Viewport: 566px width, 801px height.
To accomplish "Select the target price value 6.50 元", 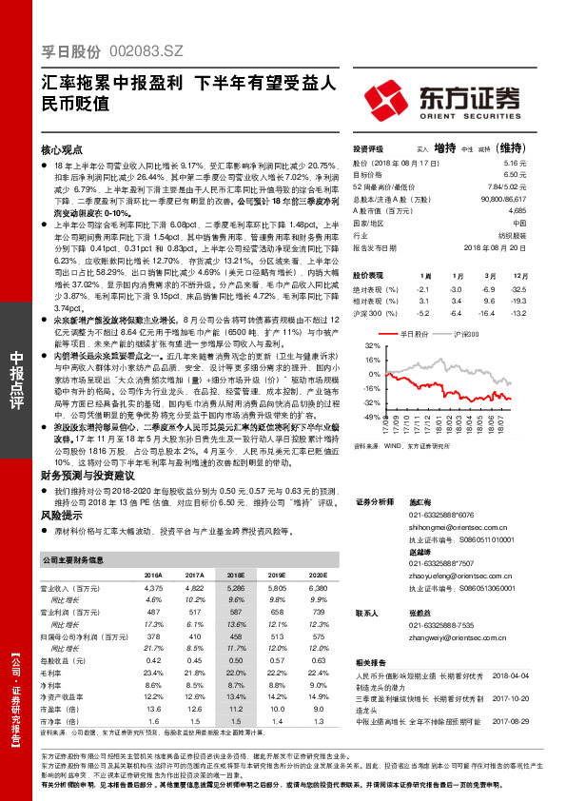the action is tap(513, 175).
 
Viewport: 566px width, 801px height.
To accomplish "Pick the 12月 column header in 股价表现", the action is tap(517, 274).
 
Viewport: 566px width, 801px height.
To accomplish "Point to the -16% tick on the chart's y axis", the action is tap(372, 388).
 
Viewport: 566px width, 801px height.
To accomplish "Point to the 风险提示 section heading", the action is tap(59, 514).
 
